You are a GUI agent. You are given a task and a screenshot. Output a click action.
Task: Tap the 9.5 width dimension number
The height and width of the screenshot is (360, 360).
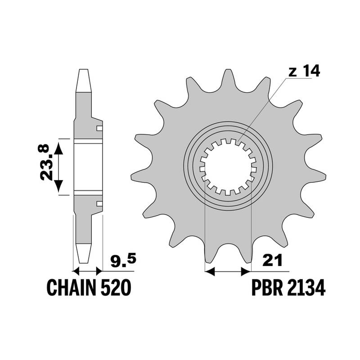click(x=123, y=261)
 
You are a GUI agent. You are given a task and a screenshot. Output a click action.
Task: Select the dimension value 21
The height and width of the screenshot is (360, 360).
click(x=272, y=261)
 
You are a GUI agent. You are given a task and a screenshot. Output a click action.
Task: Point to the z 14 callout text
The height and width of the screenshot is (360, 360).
click(x=304, y=71)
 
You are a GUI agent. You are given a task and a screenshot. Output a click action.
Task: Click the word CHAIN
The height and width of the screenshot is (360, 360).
click(x=71, y=288)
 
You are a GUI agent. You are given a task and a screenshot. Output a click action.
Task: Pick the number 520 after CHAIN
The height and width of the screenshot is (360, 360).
click(x=116, y=288)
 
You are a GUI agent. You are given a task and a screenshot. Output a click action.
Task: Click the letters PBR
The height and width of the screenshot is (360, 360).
click(x=267, y=288)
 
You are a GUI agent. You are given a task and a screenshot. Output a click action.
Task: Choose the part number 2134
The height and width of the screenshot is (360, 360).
click(x=306, y=288)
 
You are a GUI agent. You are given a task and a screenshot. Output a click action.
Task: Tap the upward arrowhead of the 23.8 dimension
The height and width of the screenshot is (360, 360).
click(x=59, y=148)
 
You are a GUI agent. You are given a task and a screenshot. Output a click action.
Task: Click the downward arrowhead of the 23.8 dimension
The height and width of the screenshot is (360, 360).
click(x=59, y=186)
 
